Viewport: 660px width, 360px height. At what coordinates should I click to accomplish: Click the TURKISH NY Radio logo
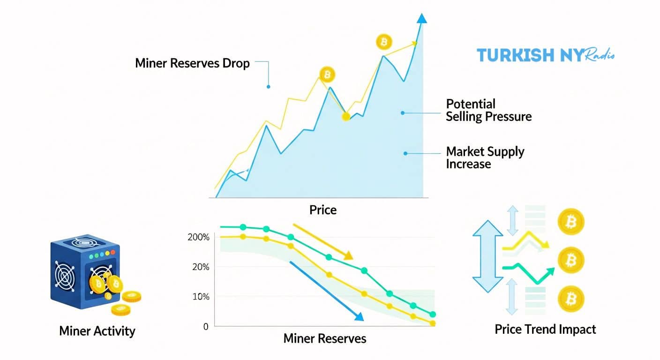(545, 55)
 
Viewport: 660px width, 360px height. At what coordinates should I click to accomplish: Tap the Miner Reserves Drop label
(192, 63)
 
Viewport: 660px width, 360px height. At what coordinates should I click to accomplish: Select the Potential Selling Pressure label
(488, 110)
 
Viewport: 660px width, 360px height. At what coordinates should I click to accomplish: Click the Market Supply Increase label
(485, 158)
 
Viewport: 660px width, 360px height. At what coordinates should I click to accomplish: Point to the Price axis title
(323, 210)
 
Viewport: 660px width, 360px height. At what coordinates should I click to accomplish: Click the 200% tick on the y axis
(198, 237)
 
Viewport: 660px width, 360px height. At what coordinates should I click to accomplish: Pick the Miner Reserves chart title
(325, 338)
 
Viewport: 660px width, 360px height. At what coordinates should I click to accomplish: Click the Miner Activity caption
(97, 331)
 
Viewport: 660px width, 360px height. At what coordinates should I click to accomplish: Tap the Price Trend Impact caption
(545, 330)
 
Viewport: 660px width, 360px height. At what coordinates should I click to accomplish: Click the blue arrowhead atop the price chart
(422, 18)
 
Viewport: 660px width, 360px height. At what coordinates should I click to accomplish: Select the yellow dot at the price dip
(346, 116)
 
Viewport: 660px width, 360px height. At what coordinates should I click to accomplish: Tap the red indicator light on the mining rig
(112, 253)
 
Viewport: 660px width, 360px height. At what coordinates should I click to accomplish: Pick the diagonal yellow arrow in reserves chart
(323, 241)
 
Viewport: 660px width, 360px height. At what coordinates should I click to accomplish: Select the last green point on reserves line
(433, 315)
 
